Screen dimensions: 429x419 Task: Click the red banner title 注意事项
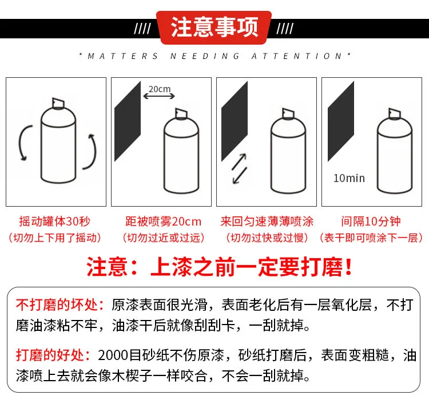(x=214, y=27)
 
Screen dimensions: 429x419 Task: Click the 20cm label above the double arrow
(x=160, y=89)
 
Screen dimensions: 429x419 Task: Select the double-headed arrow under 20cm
(x=159, y=96)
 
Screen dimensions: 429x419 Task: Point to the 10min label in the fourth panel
(x=349, y=178)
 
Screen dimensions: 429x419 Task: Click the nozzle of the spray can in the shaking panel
(x=58, y=103)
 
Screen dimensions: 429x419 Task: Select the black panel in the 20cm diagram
(x=128, y=121)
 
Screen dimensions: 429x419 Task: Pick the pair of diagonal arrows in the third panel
(x=240, y=169)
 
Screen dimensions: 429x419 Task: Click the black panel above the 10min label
(x=341, y=121)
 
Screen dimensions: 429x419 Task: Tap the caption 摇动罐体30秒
(x=55, y=222)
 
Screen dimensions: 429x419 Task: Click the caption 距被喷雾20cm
(x=164, y=222)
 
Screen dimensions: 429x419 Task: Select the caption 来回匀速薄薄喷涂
(x=267, y=222)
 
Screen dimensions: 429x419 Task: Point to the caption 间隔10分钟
(x=371, y=222)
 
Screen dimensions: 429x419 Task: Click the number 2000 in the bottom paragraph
(x=113, y=355)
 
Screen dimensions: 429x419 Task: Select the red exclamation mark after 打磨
(x=348, y=267)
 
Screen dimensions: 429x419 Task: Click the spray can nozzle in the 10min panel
(x=395, y=114)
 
